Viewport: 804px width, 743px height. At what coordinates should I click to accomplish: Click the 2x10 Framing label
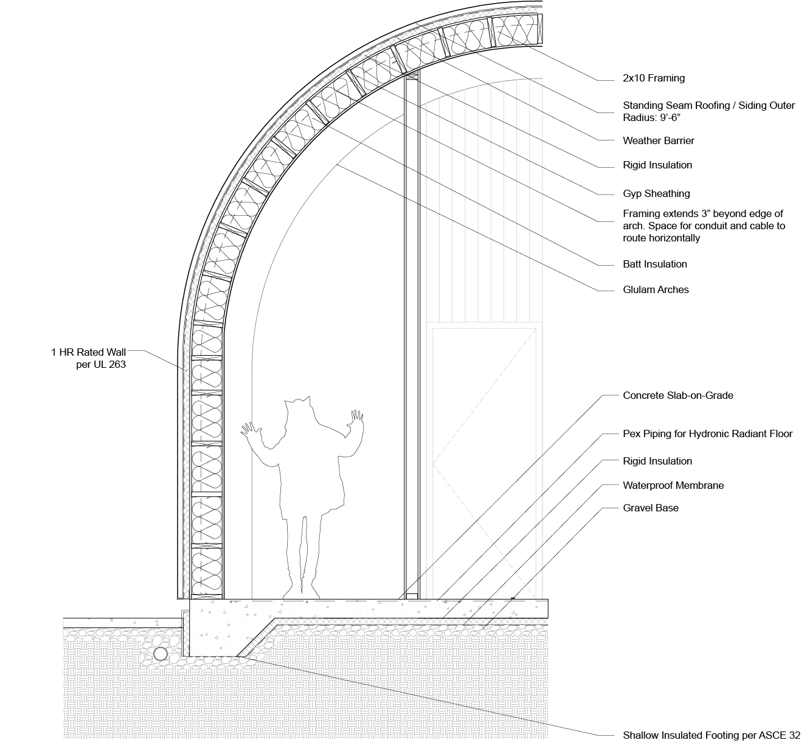coord(653,78)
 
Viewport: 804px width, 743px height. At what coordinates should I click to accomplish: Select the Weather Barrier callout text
coord(658,140)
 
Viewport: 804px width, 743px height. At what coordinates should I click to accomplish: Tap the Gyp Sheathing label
coord(656,193)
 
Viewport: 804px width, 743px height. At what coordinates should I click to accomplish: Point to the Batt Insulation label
coord(654,264)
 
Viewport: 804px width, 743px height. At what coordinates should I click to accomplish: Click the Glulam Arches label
coord(656,289)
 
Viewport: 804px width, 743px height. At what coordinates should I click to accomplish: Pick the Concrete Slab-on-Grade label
coord(678,395)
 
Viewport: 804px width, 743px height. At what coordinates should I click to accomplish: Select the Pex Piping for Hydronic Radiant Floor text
coord(707,434)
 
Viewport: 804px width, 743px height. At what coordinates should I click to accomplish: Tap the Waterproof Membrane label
coord(673,485)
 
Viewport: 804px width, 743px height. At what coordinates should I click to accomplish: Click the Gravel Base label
coord(650,508)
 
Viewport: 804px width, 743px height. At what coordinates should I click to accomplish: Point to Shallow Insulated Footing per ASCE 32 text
coord(711,735)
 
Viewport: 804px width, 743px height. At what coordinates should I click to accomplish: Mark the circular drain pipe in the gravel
coord(160,654)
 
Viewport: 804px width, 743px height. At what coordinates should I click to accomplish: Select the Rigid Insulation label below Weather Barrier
coord(657,165)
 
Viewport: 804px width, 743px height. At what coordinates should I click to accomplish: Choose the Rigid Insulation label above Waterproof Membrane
coord(657,461)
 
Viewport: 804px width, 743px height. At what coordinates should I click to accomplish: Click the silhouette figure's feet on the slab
coord(300,591)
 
